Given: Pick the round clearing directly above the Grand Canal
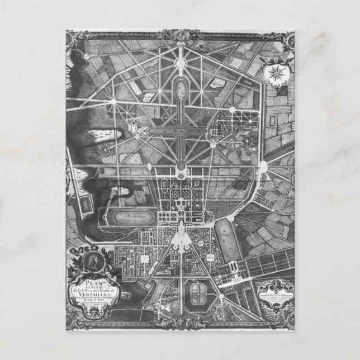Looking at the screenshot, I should [182, 53].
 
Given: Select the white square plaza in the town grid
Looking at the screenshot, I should [144, 258].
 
